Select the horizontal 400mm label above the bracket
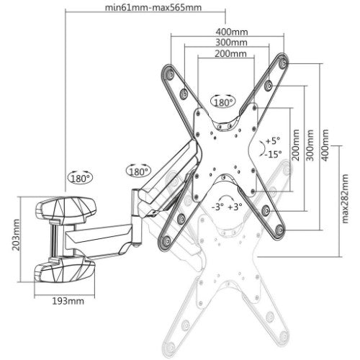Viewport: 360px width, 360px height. [231, 32]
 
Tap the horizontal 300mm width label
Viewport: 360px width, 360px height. [231, 42]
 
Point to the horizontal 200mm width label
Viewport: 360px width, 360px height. [231, 54]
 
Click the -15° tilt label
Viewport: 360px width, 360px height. [271, 154]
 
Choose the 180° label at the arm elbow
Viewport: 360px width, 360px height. [138, 171]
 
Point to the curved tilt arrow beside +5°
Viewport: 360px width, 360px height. [261, 148]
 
